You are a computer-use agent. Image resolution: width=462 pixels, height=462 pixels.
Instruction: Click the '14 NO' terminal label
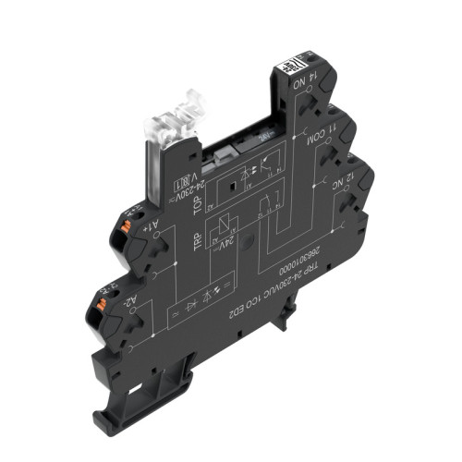[301, 90]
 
